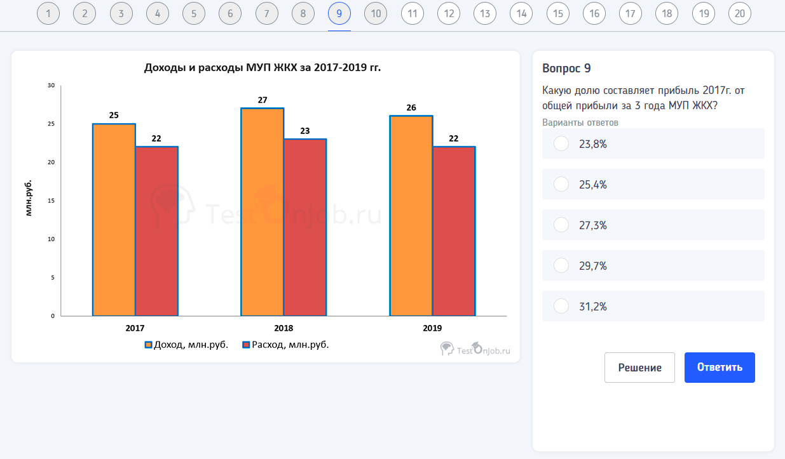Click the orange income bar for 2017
(x=114, y=220)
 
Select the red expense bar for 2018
(x=305, y=227)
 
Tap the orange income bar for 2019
(x=411, y=216)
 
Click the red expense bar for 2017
(x=156, y=231)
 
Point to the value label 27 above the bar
(x=263, y=100)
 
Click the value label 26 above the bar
(x=411, y=107)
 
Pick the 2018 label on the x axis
(x=283, y=328)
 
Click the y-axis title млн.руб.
(x=29, y=199)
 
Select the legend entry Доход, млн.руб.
(x=186, y=345)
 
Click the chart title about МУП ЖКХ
(x=263, y=67)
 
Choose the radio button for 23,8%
(x=561, y=143)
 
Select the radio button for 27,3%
(x=561, y=225)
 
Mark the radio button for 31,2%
(x=561, y=306)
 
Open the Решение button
(x=639, y=368)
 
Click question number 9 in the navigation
(x=339, y=13)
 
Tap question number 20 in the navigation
(x=740, y=13)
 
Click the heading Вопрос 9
(x=567, y=69)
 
